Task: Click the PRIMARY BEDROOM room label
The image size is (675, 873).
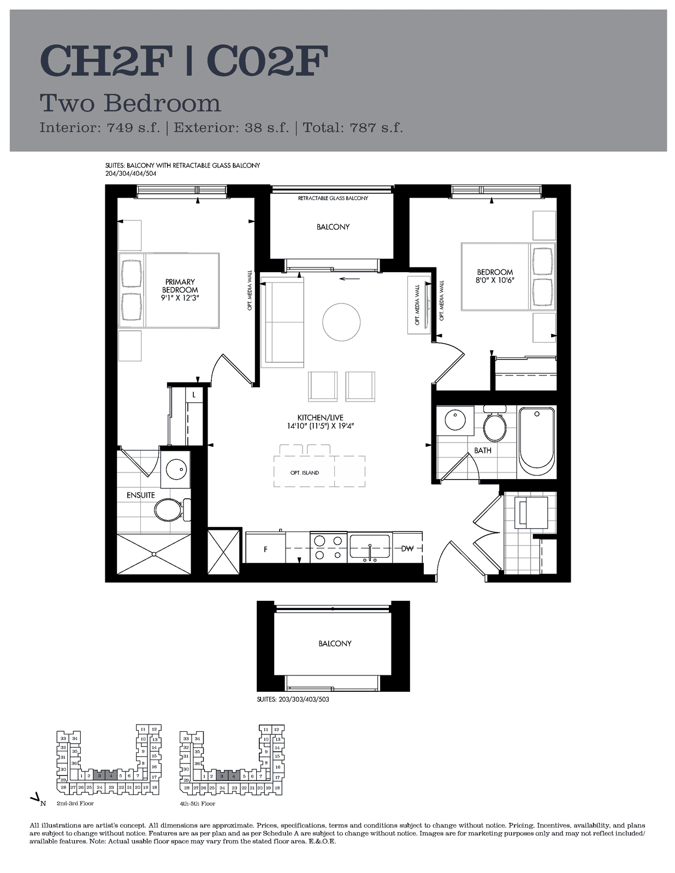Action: point(180,286)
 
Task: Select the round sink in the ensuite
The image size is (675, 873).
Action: point(176,469)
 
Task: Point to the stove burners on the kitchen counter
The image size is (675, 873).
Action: point(328,547)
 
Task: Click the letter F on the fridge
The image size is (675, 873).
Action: point(265,549)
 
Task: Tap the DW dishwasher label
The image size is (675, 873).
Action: point(407,549)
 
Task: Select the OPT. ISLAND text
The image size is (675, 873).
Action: point(304,473)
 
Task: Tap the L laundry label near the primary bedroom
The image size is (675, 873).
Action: point(194,395)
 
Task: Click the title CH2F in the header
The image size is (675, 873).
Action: point(106,61)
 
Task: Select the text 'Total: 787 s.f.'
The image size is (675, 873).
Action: point(353,127)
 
